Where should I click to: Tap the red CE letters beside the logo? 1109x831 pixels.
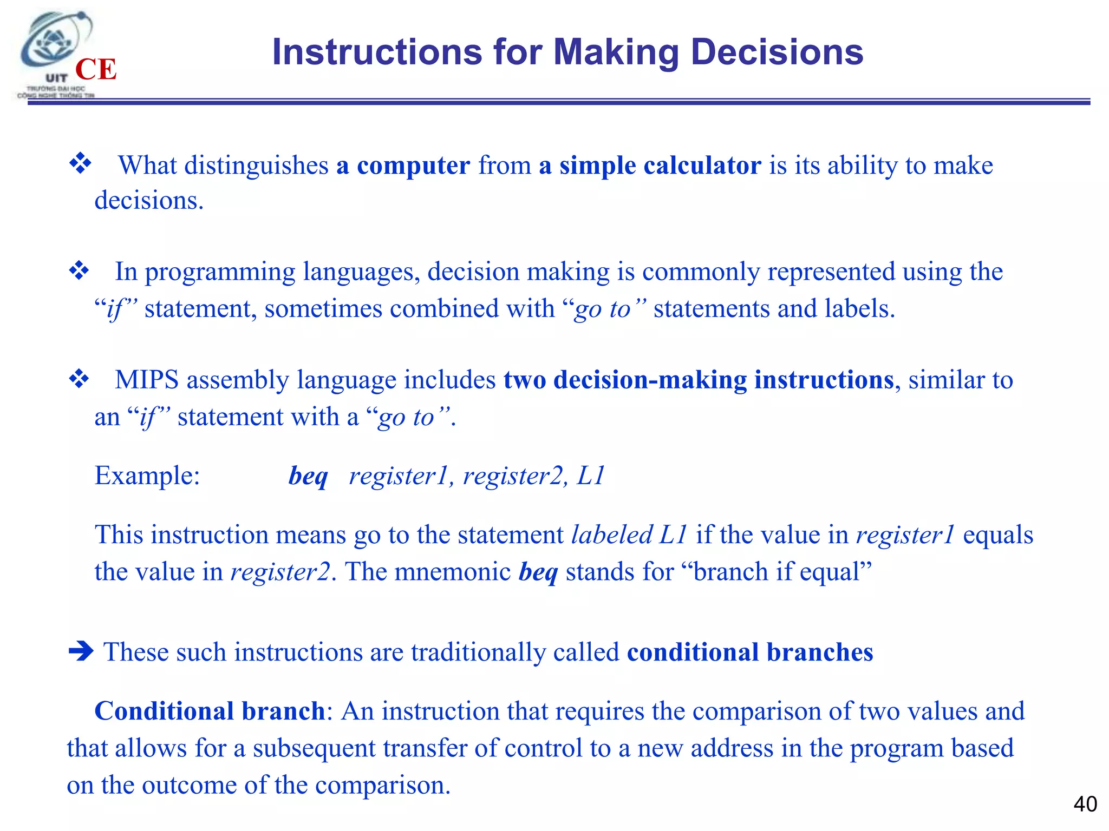point(96,70)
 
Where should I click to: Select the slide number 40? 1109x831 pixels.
point(1085,804)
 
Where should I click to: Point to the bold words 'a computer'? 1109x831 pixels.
point(403,166)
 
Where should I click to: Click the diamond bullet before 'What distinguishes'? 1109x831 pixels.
point(80,163)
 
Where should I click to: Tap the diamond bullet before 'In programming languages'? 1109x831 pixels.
point(79,270)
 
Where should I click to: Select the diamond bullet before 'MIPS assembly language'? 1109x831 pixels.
point(79,379)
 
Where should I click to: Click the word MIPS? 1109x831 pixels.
point(146,380)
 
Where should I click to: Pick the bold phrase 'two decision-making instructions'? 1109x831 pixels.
point(698,380)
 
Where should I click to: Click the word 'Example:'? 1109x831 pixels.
point(147,476)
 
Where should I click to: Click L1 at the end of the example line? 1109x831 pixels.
point(590,476)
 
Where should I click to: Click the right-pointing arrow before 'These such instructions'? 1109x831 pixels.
point(81,651)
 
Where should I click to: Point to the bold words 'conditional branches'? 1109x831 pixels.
point(749,652)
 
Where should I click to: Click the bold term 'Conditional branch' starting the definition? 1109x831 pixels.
point(209,711)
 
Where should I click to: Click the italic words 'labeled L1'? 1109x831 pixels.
point(629,535)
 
